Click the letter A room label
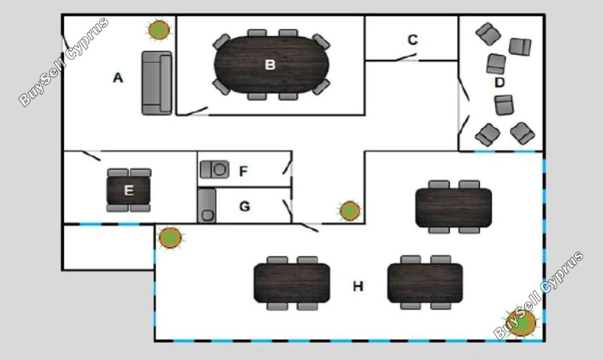point(118,78)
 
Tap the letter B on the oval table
point(270,65)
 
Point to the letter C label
point(413,40)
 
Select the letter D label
point(499,82)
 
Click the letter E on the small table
point(129,191)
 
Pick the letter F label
point(243,171)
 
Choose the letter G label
point(245,207)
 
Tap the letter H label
point(358,286)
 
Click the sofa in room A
point(157,83)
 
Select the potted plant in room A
point(159,30)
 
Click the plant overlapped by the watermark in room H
point(521,323)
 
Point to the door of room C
point(406,57)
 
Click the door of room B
point(197,111)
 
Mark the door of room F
point(287,167)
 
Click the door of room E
point(91,156)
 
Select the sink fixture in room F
point(215,169)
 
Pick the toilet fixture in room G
point(207,206)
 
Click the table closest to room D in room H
point(454,207)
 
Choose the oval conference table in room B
point(271,65)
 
